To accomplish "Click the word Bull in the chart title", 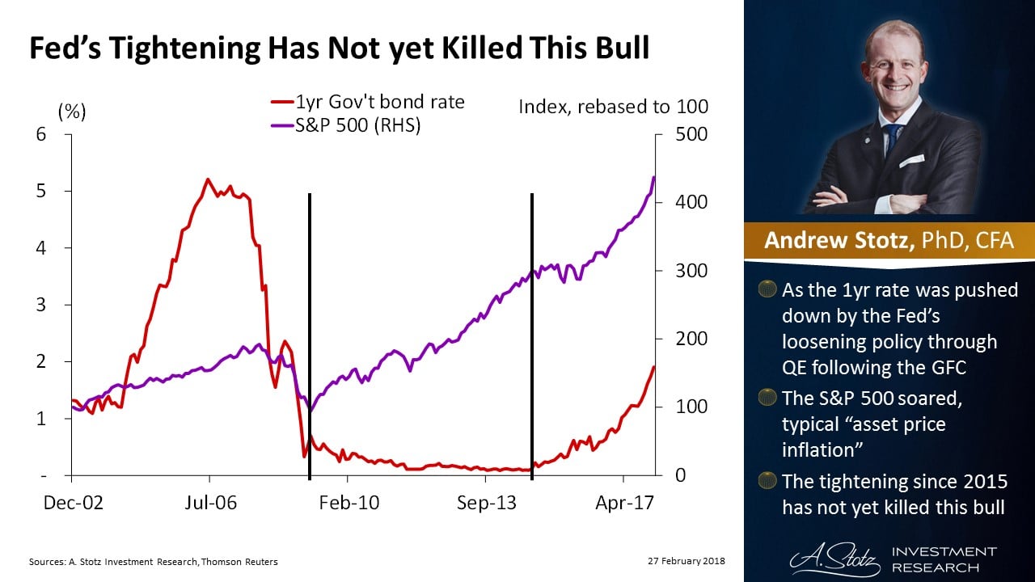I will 618,48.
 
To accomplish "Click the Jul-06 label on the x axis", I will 210,503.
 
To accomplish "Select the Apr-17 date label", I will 624,503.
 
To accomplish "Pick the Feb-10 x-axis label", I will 349,503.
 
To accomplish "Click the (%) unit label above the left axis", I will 72,112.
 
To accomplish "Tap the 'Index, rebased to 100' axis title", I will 613,107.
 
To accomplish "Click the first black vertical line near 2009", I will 310,339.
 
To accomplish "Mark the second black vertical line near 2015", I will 531,339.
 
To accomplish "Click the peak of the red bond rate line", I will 208,179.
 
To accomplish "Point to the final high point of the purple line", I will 653,177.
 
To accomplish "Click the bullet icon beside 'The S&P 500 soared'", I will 767,398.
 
